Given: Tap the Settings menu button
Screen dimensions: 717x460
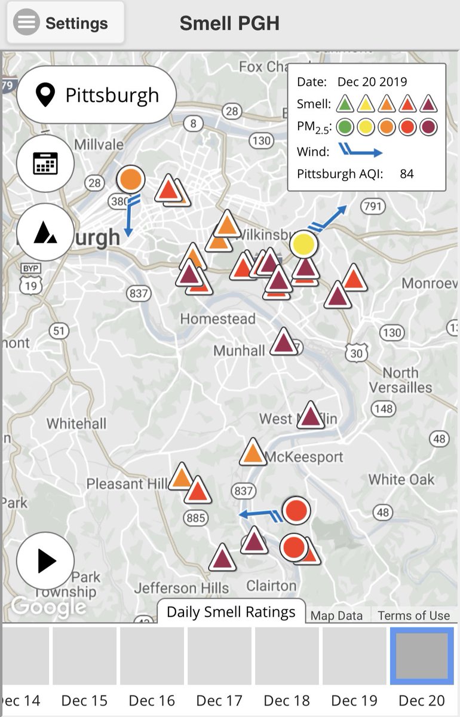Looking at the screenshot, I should [x=66, y=23].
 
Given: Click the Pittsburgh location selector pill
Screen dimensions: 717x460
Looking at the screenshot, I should [x=97, y=95].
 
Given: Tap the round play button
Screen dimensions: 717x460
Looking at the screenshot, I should [x=45, y=561].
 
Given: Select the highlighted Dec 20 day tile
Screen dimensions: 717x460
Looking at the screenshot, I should [x=422, y=655].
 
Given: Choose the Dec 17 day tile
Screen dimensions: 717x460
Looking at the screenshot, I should [x=219, y=655].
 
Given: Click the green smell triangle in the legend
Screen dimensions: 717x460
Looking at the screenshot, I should [x=344, y=104].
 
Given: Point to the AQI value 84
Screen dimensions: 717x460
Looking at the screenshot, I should [x=407, y=174].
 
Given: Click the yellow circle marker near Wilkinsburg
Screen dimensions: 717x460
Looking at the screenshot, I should [x=303, y=244].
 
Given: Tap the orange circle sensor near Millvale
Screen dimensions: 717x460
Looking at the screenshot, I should [x=130, y=179].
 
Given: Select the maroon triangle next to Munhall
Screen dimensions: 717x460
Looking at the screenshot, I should [x=284, y=343].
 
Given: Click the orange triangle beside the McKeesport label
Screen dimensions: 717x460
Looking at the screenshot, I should [x=253, y=453].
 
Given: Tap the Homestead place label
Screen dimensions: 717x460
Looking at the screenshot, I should [x=217, y=318].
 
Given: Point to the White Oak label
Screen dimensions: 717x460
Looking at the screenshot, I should [x=401, y=479].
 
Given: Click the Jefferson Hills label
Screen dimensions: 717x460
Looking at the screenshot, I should [x=181, y=588].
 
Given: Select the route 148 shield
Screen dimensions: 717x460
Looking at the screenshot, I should [x=383, y=409].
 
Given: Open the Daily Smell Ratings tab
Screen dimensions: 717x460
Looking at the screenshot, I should [x=231, y=612].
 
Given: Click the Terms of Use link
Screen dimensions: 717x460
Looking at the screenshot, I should [x=413, y=615].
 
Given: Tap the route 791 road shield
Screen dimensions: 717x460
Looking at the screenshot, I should [x=372, y=207].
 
